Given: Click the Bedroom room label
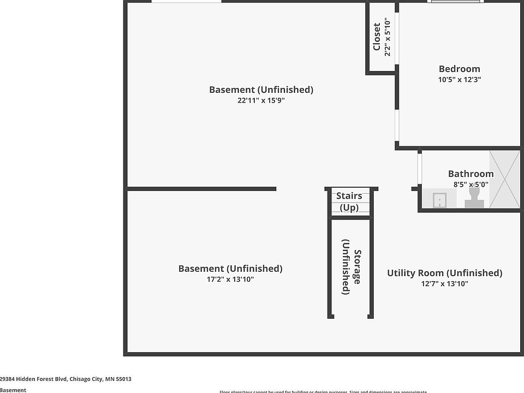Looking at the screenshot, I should (459, 69).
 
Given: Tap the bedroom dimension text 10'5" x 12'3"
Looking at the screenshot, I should (459, 79).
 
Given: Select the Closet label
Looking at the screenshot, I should (377, 37).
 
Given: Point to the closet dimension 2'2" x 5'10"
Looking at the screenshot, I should (388, 37).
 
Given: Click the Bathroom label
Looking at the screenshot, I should (471, 174).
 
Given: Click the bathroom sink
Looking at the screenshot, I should (439, 200).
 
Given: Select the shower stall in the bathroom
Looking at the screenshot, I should (504, 179).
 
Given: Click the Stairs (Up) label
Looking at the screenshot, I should (349, 201).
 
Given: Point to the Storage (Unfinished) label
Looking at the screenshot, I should (351, 267).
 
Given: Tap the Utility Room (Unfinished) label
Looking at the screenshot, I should (444, 273).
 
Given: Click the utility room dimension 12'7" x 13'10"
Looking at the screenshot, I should (444, 283).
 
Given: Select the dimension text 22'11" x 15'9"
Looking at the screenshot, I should (261, 100).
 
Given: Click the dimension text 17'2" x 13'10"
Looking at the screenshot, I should (230, 279).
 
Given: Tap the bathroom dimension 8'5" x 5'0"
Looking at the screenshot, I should (471, 184).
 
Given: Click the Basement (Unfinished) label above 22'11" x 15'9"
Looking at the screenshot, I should (261, 90).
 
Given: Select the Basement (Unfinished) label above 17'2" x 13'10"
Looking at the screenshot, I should (230, 269).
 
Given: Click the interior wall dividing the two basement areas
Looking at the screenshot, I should (201, 189).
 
